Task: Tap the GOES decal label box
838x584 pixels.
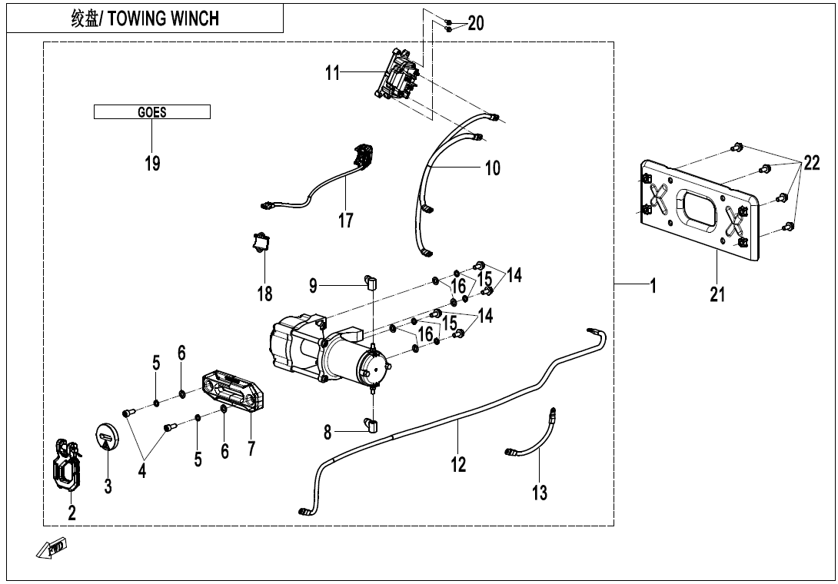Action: point(152,112)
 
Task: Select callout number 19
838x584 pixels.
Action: point(152,163)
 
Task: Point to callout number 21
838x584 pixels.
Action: point(717,294)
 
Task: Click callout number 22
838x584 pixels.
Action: point(811,163)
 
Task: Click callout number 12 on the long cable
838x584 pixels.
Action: point(458,464)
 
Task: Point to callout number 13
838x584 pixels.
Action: point(540,493)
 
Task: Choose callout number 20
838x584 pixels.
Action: point(476,23)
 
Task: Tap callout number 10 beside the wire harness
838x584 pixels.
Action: point(492,167)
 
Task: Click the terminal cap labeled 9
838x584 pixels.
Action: point(370,284)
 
